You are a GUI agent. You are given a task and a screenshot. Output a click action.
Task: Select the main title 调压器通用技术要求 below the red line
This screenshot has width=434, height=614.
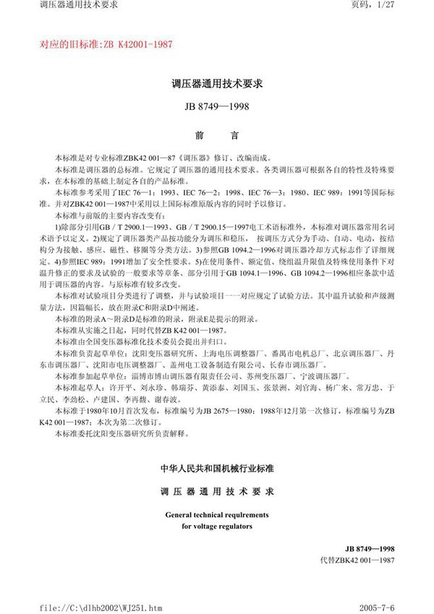tap(216, 85)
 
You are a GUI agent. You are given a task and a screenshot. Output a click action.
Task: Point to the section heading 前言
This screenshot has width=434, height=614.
tap(216, 135)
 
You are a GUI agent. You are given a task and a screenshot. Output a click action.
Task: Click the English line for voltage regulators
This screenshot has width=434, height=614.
tap(216, 526)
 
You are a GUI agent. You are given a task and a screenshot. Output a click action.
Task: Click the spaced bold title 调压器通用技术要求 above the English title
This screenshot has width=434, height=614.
tap(216, 492)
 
